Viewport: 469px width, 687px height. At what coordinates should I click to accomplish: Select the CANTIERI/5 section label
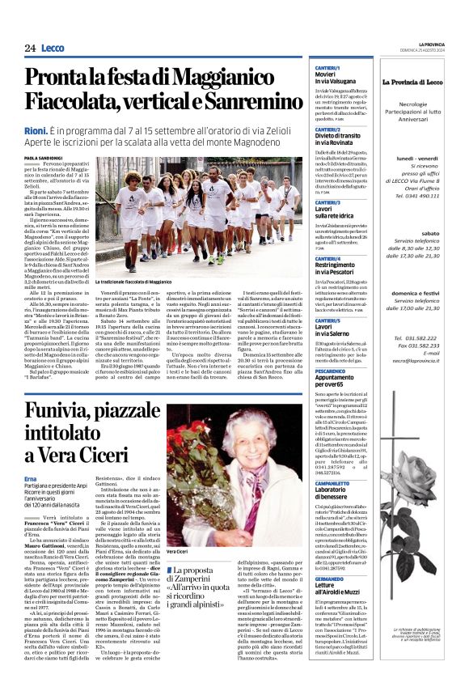click(327, 320)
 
